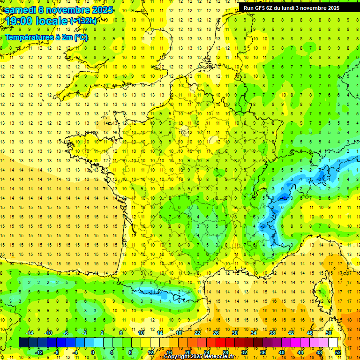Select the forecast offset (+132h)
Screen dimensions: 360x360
tap(83, 21)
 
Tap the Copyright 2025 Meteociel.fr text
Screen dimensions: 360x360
tap(199, 357)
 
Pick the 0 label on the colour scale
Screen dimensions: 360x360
tap(92, 352)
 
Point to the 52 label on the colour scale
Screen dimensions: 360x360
tap(338, 352)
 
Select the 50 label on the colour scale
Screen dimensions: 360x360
tap(328, 333)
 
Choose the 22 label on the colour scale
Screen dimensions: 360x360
tap(197, 333)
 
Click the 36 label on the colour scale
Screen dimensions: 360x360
tap(263, 352)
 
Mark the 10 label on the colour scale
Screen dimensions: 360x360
tap(141, 333)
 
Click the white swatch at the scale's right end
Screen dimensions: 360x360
tap(333, 343)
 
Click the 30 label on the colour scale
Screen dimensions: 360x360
tap(235, 333)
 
